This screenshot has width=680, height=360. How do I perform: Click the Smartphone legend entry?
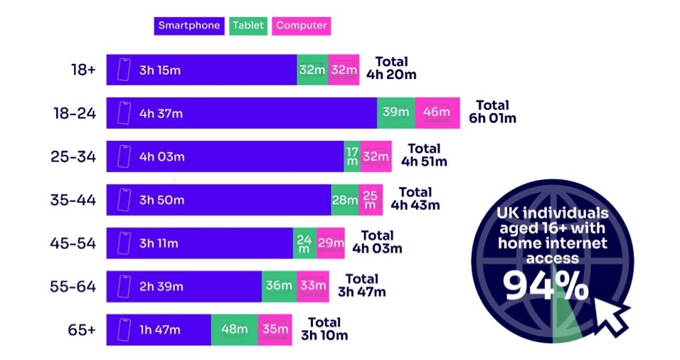pos(188,26)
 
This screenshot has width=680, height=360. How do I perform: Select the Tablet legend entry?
pos(248,26)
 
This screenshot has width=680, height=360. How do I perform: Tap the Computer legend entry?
pos(302,26)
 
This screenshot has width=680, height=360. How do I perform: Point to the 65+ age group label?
pos(80,330)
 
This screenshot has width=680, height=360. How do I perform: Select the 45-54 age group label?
pos(73,243)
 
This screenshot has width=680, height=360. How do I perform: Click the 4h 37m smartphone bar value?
pos(161,113)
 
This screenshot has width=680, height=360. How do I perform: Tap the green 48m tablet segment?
pos(234,330)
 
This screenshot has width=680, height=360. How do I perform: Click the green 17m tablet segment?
pos(351,157)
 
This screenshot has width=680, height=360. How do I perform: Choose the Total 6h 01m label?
pos(492,112)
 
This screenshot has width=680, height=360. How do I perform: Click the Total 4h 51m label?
pos(424,156)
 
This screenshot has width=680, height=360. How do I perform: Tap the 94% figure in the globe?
pos(546,285)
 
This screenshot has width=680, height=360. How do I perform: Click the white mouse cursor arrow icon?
pos(614,317)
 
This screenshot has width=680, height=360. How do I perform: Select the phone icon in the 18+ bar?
pos(124,70)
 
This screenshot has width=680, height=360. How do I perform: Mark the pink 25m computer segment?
pos(370,200)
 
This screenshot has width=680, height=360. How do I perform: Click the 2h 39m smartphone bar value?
pos(161,287)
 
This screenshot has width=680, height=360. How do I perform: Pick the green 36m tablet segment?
pos(278,287)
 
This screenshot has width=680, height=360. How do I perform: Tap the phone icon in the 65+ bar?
pos(124,330)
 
